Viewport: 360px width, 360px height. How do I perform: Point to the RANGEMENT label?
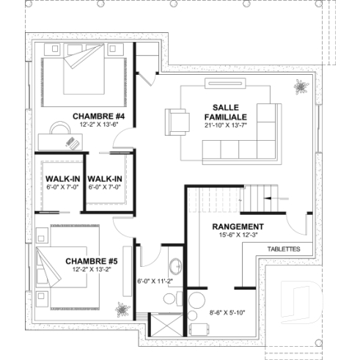[x=238, y=227]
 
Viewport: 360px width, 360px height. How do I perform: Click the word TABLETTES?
[x=284, y=249]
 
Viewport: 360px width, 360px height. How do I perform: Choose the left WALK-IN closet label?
[x=61, y=178]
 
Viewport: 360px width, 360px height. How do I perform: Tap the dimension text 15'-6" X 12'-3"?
[x=238, y=235]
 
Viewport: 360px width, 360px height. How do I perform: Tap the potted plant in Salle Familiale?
[x=301, y=87]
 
